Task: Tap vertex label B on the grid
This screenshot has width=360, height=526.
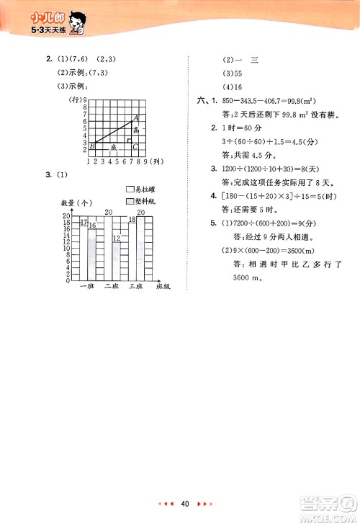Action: tap(92, 147)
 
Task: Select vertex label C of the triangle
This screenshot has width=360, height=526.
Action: tap(135, 147)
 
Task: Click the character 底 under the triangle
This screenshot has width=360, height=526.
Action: tap(113, 147)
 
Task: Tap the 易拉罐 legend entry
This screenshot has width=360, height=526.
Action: tap(144, 189)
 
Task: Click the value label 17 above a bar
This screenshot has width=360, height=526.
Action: tap(84, 222)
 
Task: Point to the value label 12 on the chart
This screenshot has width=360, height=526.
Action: tap(115, 238)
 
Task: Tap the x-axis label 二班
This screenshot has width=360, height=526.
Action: tap(111, 287)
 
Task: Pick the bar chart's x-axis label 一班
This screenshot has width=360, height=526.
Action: tap(87, 287)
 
